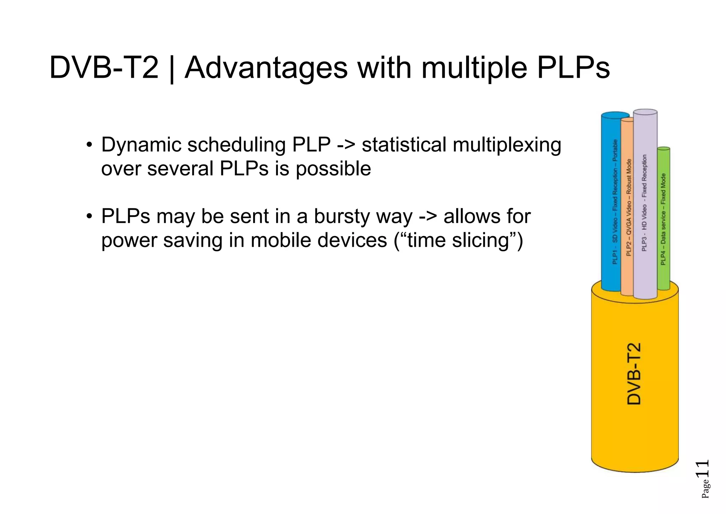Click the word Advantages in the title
click(266, 68)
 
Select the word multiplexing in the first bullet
click(507, 146)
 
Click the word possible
click(333, 169)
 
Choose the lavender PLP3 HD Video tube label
click(644, 203)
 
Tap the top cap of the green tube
click(663, 149)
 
